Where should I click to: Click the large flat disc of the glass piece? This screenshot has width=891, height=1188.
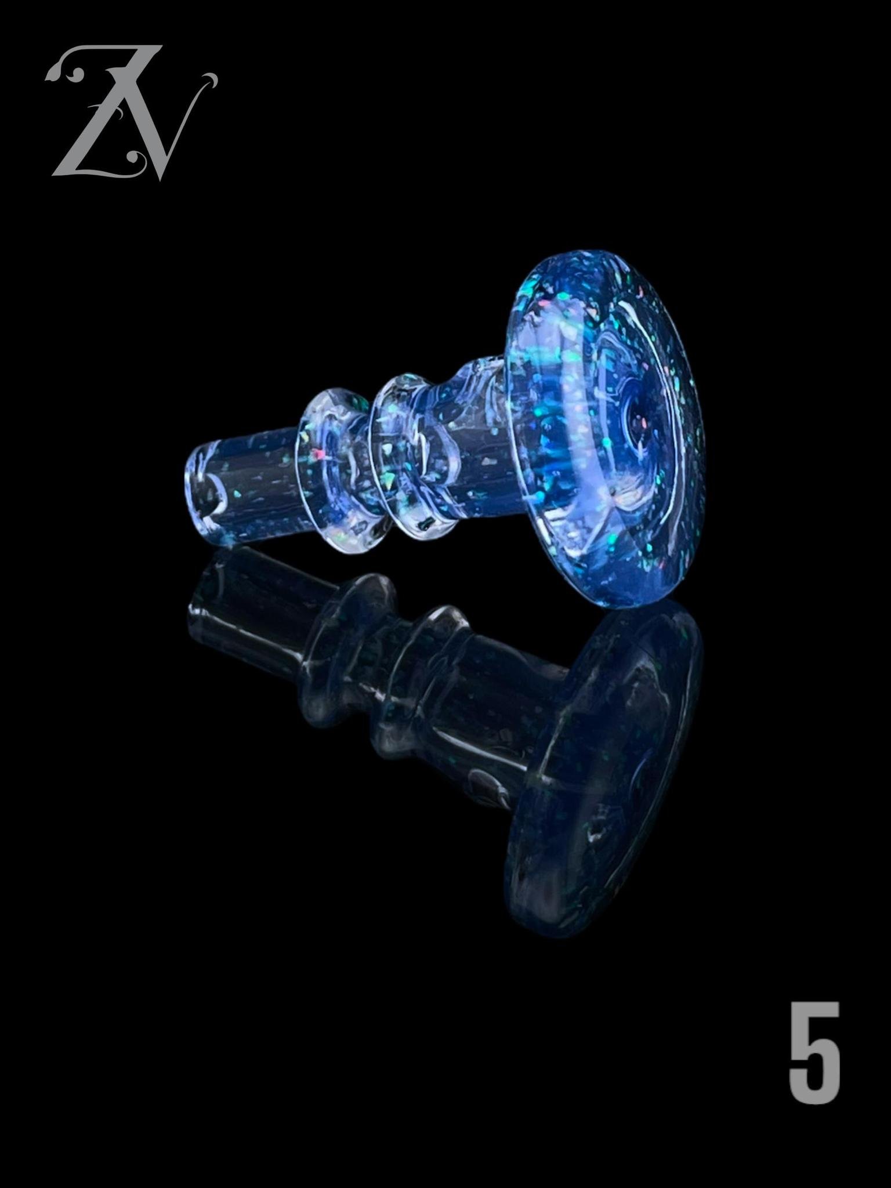point(603,429)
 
